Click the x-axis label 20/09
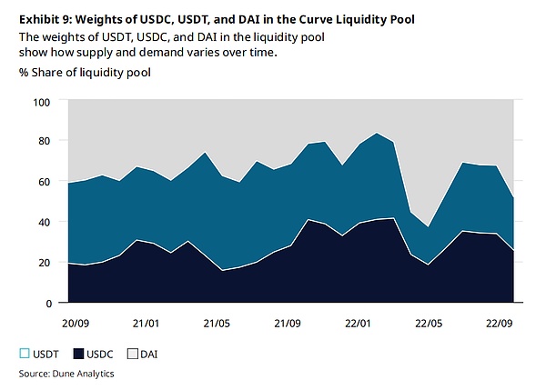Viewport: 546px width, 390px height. [x=76, y=322]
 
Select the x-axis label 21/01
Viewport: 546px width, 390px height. [x=147, y=322]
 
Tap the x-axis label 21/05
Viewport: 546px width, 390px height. [x=217, y=322]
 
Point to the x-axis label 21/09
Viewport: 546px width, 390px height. [x=288, y=322]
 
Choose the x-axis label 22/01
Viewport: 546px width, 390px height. [x=358, y=322]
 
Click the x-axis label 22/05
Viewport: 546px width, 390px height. [x=428, y=322]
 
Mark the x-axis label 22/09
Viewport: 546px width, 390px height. [x=498, y=322]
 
